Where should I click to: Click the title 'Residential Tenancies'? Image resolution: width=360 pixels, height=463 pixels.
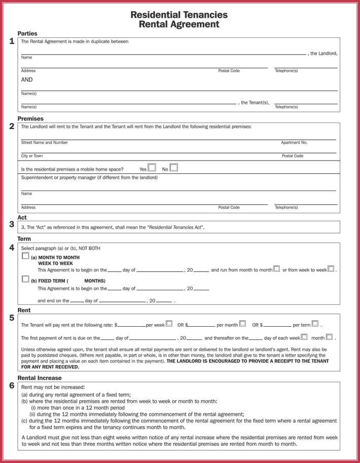click(x=179, y=15)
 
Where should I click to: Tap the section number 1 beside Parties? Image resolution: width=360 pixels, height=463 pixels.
click(x=12, y=42)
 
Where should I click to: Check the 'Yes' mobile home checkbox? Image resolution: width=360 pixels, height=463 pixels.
click(x=152, y=167)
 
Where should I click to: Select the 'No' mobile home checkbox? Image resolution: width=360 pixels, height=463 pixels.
click(x=174, y=167)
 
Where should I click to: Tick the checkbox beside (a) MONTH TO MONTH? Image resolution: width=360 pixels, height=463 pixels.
click(x=25, y=257)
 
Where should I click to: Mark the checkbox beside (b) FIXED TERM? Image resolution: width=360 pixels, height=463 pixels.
click(x=25, y=279)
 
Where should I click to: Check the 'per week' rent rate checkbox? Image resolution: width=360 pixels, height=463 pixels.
click(x=169, y=323)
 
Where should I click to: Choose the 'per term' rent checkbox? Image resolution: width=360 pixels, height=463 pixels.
click(x=315, y=323)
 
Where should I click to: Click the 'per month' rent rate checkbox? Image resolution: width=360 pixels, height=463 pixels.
click(x=242, y=323)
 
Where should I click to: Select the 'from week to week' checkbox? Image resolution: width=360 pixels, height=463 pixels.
click(x=331, y=269)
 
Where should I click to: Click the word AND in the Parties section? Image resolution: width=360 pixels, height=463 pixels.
click(x=27, y=80)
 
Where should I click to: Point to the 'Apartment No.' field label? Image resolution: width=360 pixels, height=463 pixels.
click(x=294, y=143)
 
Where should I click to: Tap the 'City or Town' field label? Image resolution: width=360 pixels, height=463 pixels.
click(x=32, y=156)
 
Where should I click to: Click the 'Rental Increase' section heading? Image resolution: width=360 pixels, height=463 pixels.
click(x=40, y=378)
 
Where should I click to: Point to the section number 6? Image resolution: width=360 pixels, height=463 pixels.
click(x=12, y=386)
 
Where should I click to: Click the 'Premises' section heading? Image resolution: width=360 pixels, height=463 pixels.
click(x=30, y=119)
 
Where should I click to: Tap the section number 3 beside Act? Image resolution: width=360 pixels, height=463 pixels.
click(x=12, y=224)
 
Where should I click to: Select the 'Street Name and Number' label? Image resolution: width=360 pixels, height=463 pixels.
click(x=44, y=143)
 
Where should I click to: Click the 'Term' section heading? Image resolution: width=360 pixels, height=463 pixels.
click(x=24, y=239)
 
